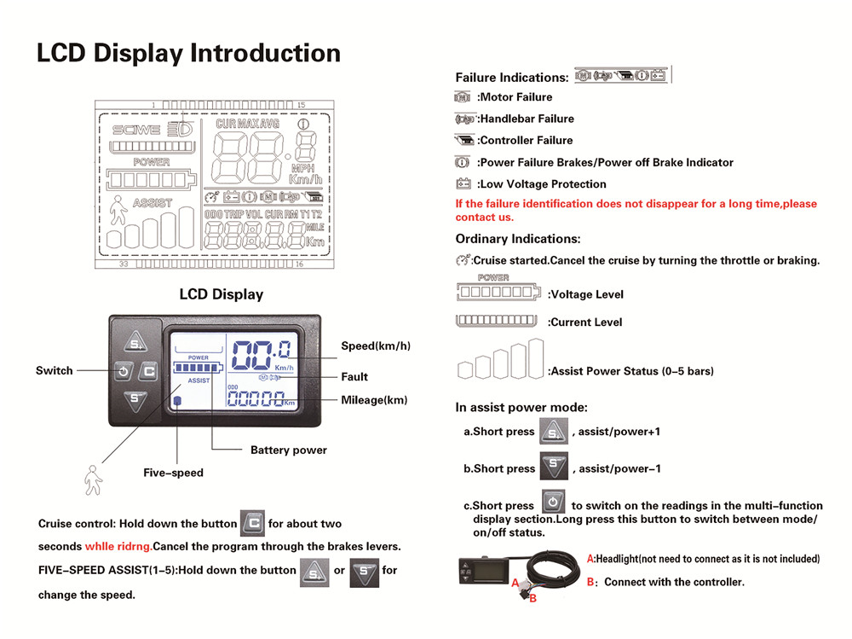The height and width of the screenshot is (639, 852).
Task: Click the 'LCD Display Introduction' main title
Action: [188, 53]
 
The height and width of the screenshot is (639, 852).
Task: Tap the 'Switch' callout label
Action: [54, 371]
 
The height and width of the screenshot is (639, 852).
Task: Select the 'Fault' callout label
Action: [354, 376]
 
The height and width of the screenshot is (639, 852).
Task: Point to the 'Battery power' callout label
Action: [288, 450]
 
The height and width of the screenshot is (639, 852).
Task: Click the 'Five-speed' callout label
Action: [173, 472]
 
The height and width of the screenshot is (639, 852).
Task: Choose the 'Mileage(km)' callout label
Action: [374, 400]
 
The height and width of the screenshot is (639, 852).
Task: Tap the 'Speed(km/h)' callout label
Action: [376, 346]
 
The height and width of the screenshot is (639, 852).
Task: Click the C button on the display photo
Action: [148, 371]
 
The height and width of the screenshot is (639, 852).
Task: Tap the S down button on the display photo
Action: [134, 398]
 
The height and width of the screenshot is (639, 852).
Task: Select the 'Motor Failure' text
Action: [515, 97]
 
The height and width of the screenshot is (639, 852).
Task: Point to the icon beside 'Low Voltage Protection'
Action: [463, 183]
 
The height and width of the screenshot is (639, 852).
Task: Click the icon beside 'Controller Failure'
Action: [464, 140]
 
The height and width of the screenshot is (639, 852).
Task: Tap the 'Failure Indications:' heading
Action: [512, 77]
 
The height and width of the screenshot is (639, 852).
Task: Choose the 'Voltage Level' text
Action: [586, 294]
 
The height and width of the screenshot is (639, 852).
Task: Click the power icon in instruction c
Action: [553, 502]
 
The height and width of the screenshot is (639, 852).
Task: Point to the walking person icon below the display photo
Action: [93, 479]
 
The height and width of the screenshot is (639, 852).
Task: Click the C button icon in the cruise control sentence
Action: [253, 522]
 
